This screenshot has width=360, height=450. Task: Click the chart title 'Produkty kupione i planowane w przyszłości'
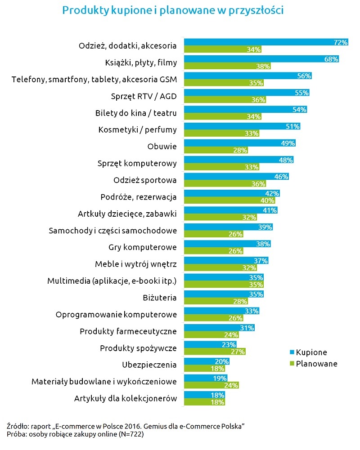pos(173,10)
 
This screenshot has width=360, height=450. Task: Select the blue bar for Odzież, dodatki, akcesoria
pos(265,42)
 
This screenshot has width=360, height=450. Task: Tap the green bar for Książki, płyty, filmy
pos(227,66)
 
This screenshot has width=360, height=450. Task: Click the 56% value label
pos(304,76)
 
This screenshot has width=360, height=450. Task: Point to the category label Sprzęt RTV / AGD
pos(144,96)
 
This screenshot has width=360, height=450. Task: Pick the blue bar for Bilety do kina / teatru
pos(245,110)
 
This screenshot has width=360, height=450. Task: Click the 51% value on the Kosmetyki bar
pos(293,126)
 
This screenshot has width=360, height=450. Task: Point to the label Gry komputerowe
pos(143,247)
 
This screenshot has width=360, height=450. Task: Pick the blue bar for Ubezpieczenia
pos(206,362)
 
